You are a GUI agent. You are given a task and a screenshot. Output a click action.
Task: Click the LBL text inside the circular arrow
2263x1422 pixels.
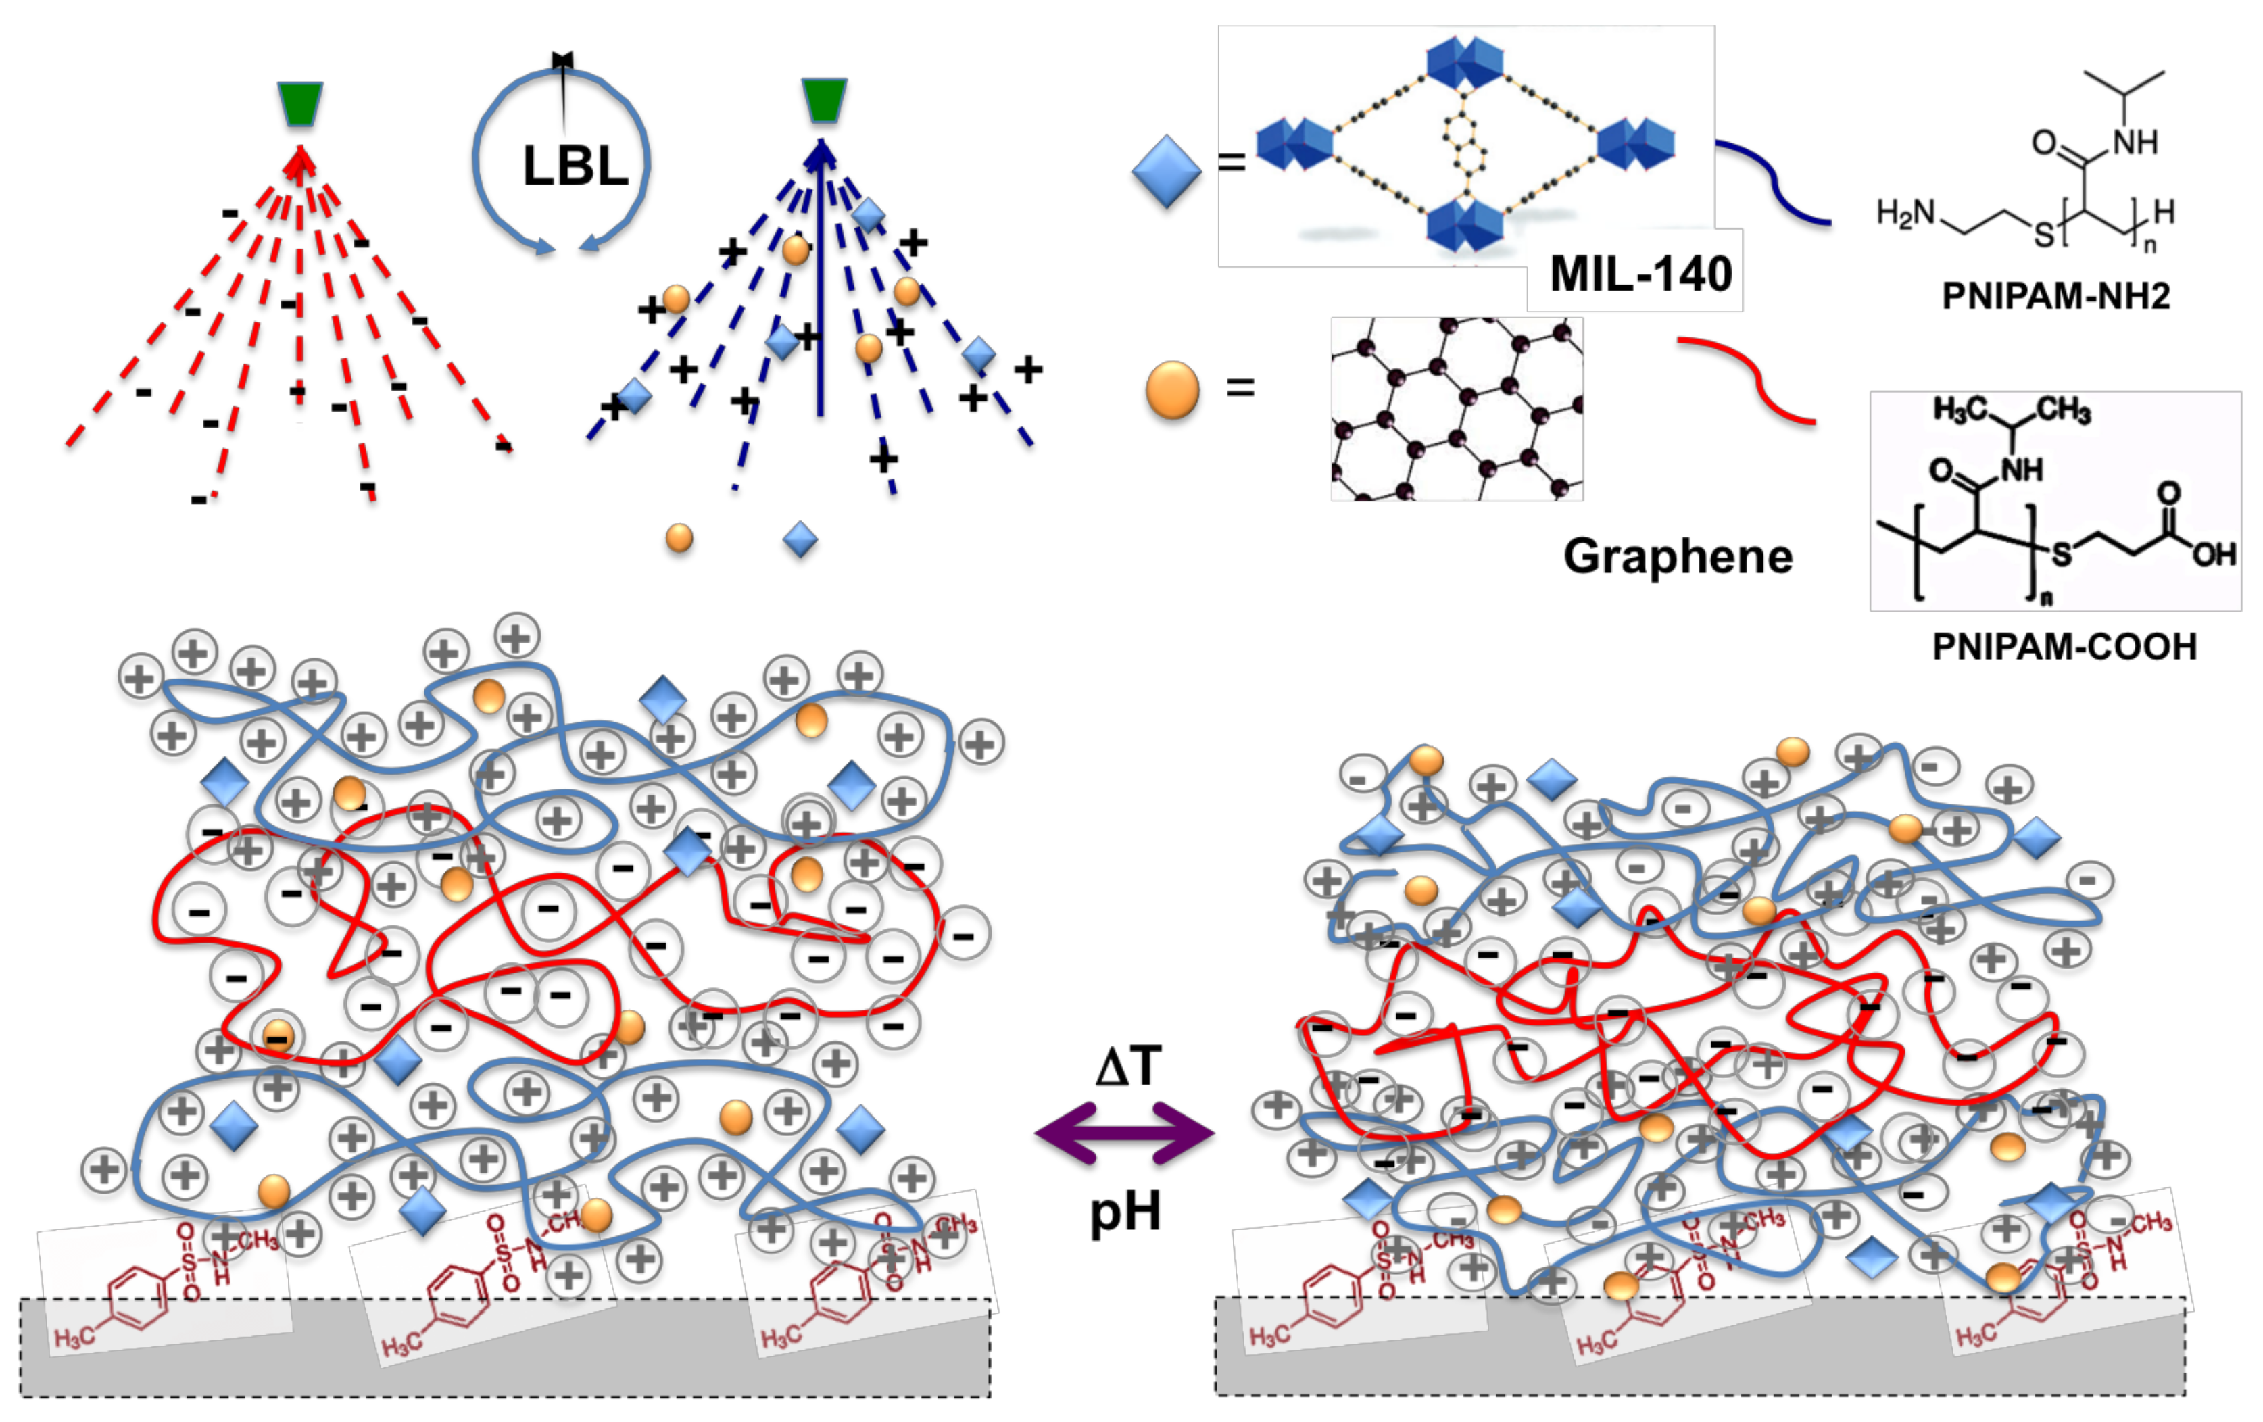(575, 166)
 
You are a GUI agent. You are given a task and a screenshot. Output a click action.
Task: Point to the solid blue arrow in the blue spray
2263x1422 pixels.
(821, 282)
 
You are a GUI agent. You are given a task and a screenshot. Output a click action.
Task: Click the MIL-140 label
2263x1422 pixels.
(1640, 274)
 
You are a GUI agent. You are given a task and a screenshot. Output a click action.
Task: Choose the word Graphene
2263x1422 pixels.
(1678, 556)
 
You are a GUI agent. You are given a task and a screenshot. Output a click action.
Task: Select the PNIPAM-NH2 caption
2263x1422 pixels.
(2055, 296)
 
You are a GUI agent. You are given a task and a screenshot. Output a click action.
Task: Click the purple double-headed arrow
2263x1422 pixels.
(1124, 1134)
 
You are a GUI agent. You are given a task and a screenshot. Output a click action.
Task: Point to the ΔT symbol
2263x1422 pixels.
(1127, 1066)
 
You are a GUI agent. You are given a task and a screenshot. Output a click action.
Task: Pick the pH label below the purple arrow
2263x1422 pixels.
(1125, 1212)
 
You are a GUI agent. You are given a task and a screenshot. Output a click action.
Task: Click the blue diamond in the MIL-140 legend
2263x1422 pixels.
(1166, 171)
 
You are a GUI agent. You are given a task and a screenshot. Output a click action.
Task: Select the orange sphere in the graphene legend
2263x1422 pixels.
(1172, 389)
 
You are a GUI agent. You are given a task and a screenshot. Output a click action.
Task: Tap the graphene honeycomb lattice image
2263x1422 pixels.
(1456, 409)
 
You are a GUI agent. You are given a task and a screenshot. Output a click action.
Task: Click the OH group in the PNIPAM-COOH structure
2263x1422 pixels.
(2213, 554)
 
